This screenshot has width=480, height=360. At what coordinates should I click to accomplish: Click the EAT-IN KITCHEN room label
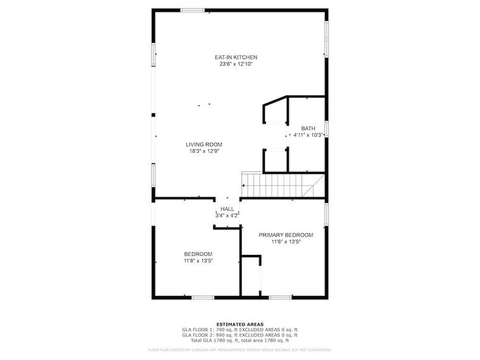[236, 57]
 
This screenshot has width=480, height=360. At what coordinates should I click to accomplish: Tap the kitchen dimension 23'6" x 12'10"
[236, 64]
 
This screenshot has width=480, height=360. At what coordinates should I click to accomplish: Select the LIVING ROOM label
[204, 144]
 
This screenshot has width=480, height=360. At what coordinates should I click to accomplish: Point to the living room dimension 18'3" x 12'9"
[204, 151]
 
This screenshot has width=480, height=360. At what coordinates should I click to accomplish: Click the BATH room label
[308, 128]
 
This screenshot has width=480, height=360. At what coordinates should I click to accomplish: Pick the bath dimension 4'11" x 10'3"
[308, 135]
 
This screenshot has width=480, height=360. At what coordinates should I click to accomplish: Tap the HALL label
[227, 209]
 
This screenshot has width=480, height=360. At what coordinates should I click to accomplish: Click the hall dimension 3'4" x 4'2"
[227, 216]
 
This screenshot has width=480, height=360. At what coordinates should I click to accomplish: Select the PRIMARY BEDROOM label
[286, 235]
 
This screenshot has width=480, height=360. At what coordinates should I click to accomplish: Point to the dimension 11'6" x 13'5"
[286, 241]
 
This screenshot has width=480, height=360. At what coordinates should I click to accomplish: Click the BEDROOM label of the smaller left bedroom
[198, 254]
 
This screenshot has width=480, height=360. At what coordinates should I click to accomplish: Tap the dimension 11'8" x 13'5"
[198, 260]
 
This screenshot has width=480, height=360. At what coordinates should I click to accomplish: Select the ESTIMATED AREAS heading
[239, 324]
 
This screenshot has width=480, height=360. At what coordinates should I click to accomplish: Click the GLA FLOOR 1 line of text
[239, 330]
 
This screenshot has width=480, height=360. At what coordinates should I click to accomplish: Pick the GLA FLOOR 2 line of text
[239, 335]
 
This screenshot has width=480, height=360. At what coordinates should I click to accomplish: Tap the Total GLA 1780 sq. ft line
[239, 340]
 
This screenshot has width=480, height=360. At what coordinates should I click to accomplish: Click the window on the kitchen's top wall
[192, 10]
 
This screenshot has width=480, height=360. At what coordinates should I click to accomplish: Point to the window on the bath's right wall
[326, 128]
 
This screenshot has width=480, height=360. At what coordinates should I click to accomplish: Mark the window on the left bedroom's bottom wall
[203, 297]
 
